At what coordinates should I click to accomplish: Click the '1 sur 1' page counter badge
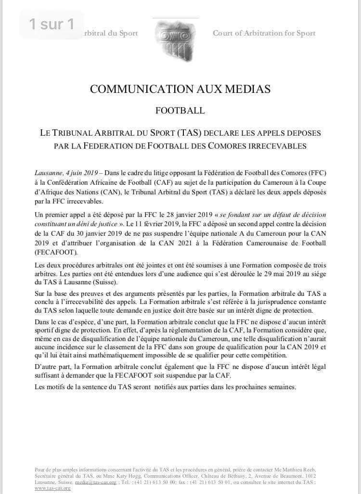tap(52, 25)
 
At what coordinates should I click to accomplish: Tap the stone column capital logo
tap(175, 38)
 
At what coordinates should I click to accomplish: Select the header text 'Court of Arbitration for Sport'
tap(264, 33)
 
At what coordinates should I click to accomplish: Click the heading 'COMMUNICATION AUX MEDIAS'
tap(180, 89)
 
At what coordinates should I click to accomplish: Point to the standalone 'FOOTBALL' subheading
tap(180, 111)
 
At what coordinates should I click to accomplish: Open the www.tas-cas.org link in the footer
tap(52, 488)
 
